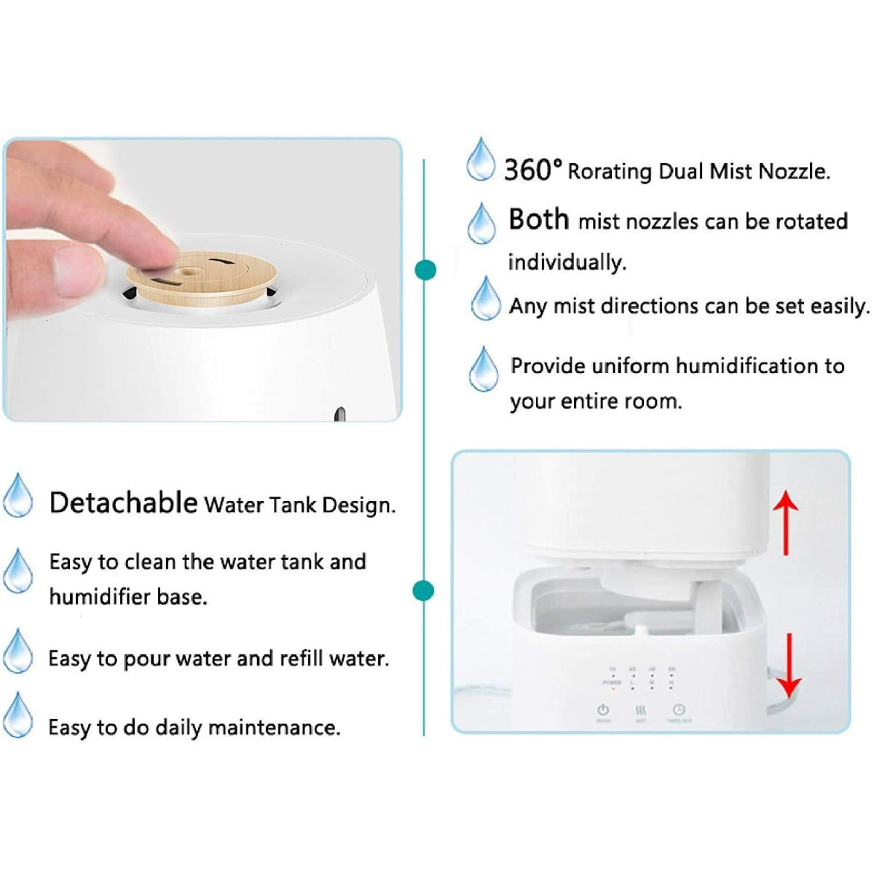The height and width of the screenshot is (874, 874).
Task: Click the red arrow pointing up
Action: coord(785,521)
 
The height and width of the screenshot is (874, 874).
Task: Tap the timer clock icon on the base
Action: coord(679,709)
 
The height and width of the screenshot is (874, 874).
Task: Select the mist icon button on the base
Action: coord(641,710)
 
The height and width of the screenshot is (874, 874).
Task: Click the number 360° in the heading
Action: coord(532,170)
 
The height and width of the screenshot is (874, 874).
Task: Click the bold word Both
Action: coord(538,219)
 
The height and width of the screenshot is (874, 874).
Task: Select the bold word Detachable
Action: coord(123,503)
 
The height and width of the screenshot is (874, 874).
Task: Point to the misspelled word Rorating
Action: coord(610,172)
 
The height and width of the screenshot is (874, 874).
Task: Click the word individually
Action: coord(567,262)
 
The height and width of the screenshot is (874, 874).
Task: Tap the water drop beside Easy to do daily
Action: coord(17,715)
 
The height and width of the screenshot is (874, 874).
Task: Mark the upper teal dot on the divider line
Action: coord(425,270)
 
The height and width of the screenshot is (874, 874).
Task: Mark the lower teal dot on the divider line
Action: coord(423,590)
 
